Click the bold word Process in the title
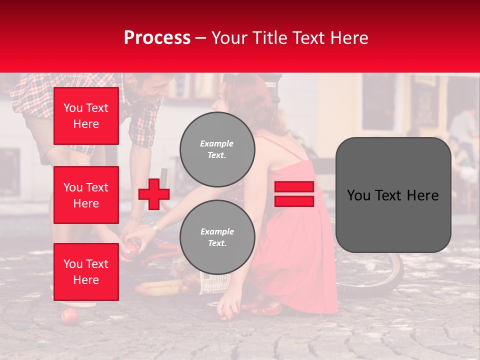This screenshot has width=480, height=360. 157,37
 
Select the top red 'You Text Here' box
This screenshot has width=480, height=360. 86,116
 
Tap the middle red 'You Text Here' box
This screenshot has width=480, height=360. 86,195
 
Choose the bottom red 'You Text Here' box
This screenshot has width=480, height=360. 86,272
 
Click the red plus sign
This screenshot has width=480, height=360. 154,194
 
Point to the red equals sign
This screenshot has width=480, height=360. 294,194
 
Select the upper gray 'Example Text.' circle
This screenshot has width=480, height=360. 217,149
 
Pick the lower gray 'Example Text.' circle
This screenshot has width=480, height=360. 217,237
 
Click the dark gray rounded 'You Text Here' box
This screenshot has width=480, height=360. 393,195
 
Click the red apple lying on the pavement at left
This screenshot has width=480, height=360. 69,316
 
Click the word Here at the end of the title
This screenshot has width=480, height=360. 351,37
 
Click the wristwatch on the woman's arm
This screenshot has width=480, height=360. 155,227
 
